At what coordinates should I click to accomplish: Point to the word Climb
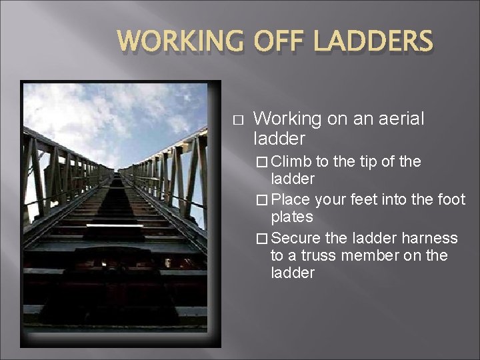coord(291,161)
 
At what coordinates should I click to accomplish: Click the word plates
coord(292,217)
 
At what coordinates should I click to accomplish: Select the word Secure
coord(296,238)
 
